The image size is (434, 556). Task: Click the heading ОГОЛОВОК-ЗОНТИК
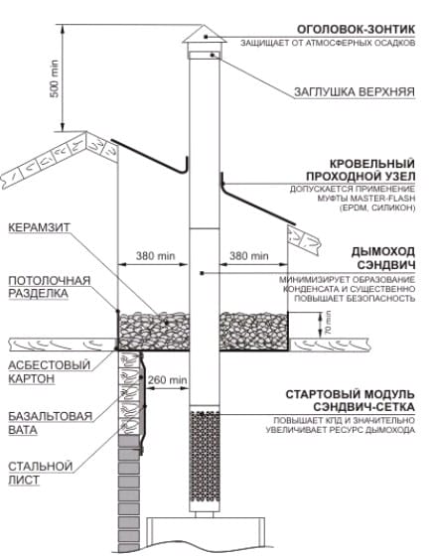356,29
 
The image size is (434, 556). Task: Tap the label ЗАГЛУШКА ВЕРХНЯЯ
355,91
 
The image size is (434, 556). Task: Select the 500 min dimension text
55,78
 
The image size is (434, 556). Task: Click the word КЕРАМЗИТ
39,227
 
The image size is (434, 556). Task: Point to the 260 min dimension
168,379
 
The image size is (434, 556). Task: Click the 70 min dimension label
328,323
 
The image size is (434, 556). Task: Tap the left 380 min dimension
155,256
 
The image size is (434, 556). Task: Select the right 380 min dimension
249,256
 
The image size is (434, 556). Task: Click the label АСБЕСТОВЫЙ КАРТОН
50,371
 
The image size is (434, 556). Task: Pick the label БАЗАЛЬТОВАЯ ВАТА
50,423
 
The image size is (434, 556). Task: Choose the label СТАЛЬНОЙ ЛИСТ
41,473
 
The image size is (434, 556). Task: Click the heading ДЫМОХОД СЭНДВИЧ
383,258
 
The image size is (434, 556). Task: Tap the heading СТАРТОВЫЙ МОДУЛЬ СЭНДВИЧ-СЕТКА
350,401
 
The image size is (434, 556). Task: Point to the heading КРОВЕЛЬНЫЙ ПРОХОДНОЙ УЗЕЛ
361,170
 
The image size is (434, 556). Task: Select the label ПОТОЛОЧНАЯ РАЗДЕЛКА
50,287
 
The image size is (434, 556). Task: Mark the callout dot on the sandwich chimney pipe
202,273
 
